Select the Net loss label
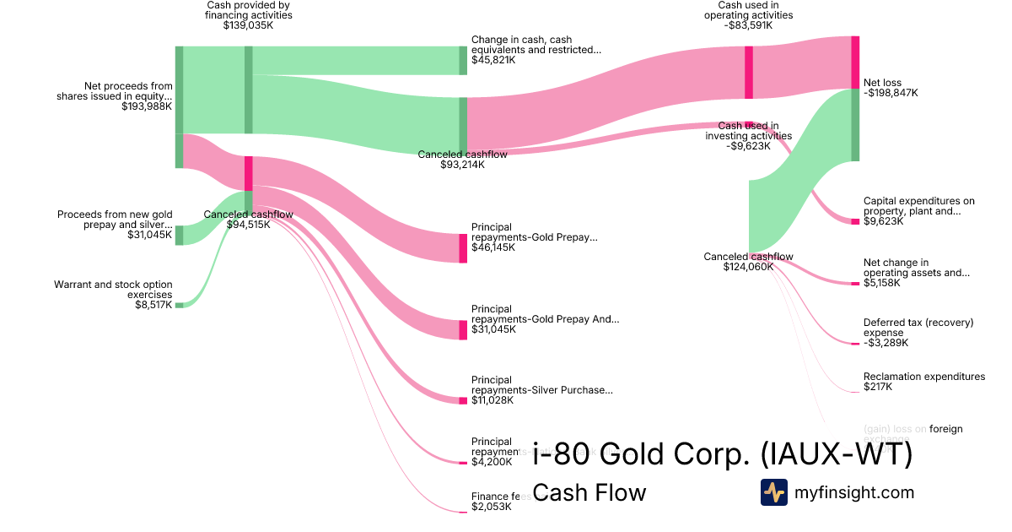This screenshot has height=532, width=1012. coord(882,83)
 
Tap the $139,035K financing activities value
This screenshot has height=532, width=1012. coord(248,25)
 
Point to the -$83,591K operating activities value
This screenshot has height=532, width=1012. coord(749,25)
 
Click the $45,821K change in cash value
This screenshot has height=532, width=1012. coord(493,60)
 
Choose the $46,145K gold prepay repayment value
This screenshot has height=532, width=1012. coord(493,247)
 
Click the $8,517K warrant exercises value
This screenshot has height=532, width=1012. coord(153,304)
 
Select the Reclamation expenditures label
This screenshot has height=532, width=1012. coord(923,377)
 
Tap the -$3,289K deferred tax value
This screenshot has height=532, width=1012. coord(885,342)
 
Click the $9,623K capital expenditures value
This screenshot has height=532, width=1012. coord(883,221)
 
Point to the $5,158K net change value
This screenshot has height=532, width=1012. coord(881,283)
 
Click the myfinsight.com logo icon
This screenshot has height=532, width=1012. coord(773,492)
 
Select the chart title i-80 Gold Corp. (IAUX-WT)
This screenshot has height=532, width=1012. coord(723,455)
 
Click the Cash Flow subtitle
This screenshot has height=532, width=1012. coord(589,492)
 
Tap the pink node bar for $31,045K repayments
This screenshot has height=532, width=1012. coord(463,329)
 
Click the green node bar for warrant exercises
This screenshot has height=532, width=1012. coord(178,304)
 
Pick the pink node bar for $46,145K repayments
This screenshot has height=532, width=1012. coord(463,248)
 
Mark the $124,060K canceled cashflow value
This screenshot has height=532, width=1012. coord(748,267)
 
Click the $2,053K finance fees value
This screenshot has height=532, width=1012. coord(492,506)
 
